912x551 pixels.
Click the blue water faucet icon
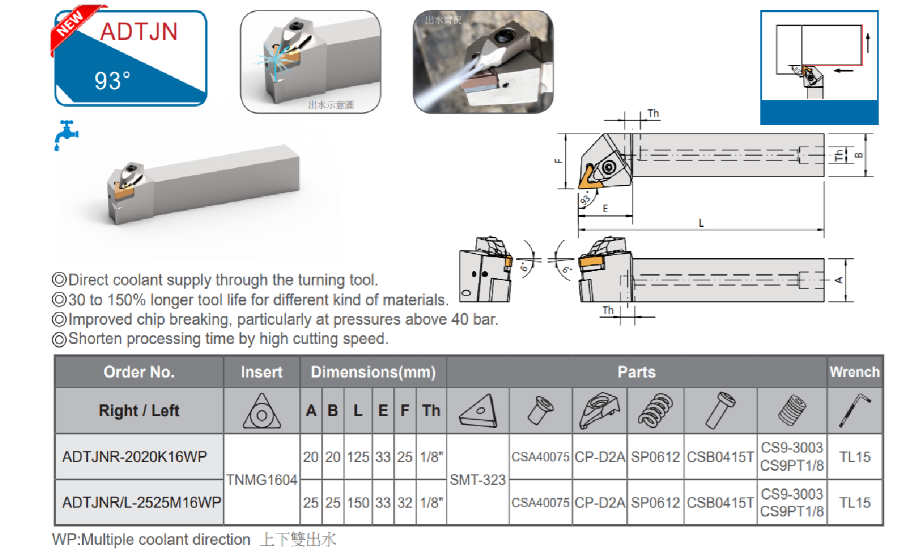pyautogui.click(x=66, y=135)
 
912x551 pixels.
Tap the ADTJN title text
pyautogui.click(x=139, y=32)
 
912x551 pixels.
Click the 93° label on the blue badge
pyautogui.click(x=112, y=81)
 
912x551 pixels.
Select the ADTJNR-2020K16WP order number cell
pyautogui.click(x=135, y=457)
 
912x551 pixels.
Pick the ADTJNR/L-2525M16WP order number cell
pyautogui.click(x=141, y=502)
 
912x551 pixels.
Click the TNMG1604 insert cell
pyautogui.click(x=262, y=479)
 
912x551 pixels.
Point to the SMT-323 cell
pyautogui.click(x=478, y=479)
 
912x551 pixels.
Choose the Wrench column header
pyautogui.click(x=854, y=372)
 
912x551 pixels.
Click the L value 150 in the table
pyautogui.click(x=358, y=502)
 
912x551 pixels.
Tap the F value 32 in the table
pyautogui.click(x=405, y=502)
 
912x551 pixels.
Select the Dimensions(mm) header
pyautogui.click(x=373, y=372)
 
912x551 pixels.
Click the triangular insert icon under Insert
pyautogui.click(x=262, y=411)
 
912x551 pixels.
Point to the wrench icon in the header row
pyautogui.click(x=854, y=410)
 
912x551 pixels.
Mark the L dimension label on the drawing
pyautogui.click(x=701, y=223)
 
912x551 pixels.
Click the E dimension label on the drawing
pyautogui.click(x=605, y=209)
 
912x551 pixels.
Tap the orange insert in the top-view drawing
pyautogui.click(x=587, y=177)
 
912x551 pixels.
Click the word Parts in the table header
pyautogui.click(x=637, y=372)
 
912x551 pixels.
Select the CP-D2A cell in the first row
pyautogui.click(x=600, y=457)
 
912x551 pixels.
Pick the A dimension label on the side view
pyautogui.click(x=839, y=280)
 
